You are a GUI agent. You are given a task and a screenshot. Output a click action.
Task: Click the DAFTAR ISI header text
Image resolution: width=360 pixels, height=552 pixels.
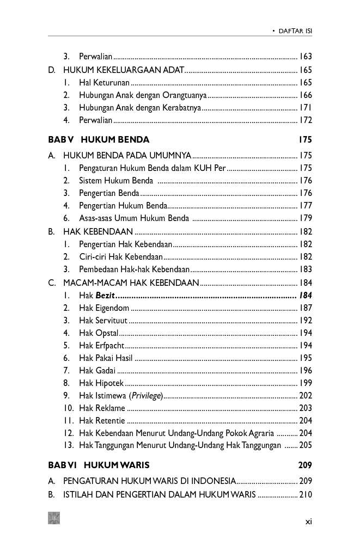[295, 32]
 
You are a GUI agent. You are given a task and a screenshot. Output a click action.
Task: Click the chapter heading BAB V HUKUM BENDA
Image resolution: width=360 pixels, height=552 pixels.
[99, 140]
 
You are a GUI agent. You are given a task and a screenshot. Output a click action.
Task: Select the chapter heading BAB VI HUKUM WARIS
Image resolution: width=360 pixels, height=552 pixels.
[99, 465]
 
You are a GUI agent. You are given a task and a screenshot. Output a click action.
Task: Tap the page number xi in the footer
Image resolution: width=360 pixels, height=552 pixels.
[308, 522]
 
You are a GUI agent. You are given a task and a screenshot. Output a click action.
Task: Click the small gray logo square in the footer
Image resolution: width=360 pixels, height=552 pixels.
[54, 518]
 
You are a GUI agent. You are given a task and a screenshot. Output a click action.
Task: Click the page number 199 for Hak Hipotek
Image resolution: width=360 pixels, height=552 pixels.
[305, 383]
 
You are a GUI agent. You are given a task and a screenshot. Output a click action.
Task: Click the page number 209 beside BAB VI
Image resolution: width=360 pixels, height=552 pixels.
[305, 465]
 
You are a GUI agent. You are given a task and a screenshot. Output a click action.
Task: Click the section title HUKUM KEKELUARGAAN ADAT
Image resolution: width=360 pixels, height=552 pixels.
[124, 70]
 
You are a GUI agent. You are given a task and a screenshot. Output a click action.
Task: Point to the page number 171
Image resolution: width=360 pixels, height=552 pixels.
[305, 108]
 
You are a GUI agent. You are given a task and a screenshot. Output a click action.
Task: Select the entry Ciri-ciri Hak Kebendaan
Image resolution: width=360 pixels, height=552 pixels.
[121, 256]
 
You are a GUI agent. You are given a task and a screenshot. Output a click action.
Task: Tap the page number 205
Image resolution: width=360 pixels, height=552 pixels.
[305, 445]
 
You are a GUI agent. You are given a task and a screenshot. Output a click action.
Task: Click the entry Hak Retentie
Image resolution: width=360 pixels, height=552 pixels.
[102, 421]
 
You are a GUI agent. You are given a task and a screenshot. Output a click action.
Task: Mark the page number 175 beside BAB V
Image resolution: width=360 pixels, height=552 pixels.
[305, 140]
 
